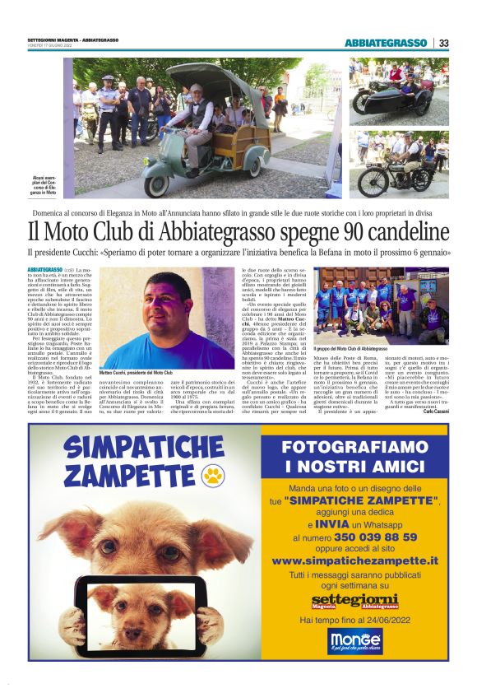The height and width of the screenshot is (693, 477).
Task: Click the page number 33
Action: coord(443,43)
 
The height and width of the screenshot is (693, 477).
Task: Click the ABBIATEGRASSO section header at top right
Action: coord(386,43)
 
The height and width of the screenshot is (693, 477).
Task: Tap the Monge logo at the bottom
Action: coord(354,639)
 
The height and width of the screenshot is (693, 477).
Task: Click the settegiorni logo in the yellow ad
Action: coord(354,598)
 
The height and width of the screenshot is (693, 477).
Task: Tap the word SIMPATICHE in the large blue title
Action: coord(148,449)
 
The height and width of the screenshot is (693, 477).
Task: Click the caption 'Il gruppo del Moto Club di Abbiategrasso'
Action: coord(363,349)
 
